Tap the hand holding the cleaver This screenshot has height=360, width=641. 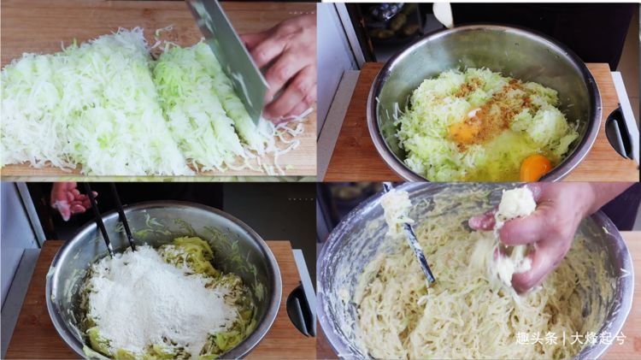pos(285,68)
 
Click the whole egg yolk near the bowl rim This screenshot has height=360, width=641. pos(535,167)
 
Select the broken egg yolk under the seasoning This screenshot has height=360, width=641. pos(466,131)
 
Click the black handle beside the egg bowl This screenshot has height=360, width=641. pos(620,133)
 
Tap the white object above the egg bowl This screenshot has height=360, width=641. pos(443,13)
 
